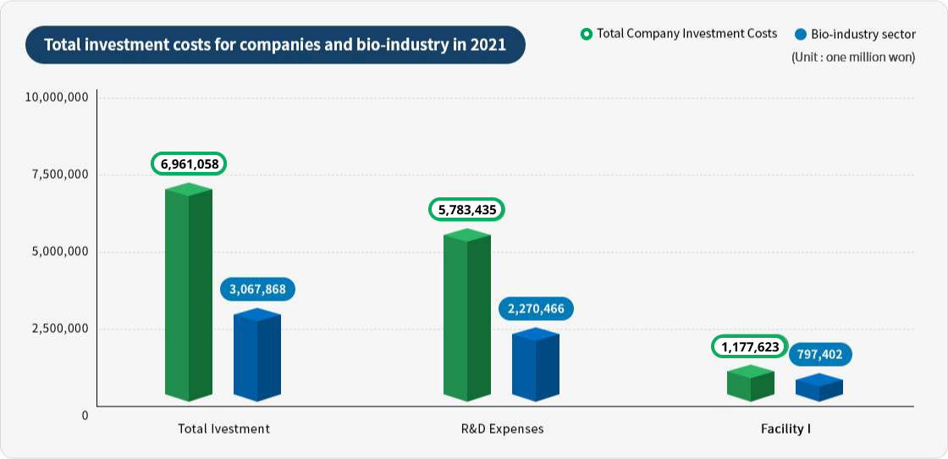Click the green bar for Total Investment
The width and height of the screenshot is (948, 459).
click(188, 292)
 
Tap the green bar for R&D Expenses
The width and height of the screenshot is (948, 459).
click(466, 315)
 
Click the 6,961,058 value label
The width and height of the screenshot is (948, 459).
click(190, 164)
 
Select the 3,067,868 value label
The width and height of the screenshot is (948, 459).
click(257, 289)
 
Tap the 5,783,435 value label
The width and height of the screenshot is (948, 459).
click(466, 209)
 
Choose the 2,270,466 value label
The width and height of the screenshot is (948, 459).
click(536, 309)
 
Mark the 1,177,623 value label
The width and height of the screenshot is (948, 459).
click(750, 347)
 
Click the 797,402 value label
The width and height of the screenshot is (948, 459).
click(819, 354)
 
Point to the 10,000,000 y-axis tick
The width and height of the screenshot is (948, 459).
click(58, 97)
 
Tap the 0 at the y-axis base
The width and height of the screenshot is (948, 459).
click(85, 415)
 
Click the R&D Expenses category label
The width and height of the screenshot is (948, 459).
click(502, 429)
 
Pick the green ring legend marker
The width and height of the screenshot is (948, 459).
click(586, 34)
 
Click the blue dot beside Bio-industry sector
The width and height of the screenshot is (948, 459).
click(800, 34)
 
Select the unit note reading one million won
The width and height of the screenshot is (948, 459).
click(852, 58)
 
